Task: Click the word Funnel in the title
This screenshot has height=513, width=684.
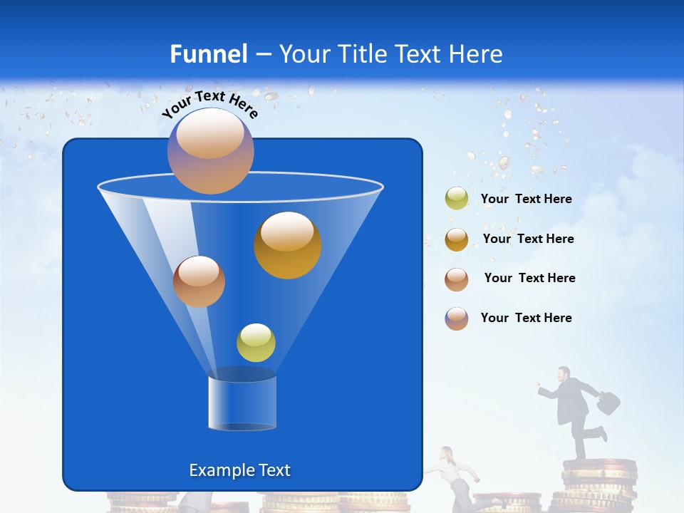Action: (208, 54)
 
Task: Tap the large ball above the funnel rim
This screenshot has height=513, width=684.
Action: (211, 150)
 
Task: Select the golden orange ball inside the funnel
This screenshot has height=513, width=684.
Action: (288, 245)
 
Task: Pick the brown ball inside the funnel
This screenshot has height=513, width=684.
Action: (199, 281)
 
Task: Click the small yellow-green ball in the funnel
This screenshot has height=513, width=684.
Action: (256, 343)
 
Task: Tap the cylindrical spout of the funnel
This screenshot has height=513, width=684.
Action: (242, 403)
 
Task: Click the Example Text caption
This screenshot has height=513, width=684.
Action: (239, 470)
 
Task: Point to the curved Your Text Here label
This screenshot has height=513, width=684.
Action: (210, 103)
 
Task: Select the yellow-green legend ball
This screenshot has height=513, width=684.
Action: (457, 199)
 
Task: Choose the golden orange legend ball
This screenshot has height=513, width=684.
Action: (457, 239)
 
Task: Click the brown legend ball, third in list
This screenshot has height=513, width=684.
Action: (457, 279)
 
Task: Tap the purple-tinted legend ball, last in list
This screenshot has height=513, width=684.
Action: (457, 318)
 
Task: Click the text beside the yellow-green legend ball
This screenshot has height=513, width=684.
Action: (527, 199)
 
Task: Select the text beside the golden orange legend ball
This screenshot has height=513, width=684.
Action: (528, 239)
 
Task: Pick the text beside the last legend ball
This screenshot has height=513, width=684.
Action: (527, 318)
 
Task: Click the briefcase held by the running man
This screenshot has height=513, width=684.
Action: (608, 403)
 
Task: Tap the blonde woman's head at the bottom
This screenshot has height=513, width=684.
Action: (447, 455)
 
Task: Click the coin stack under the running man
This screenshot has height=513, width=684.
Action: (598, 484)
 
